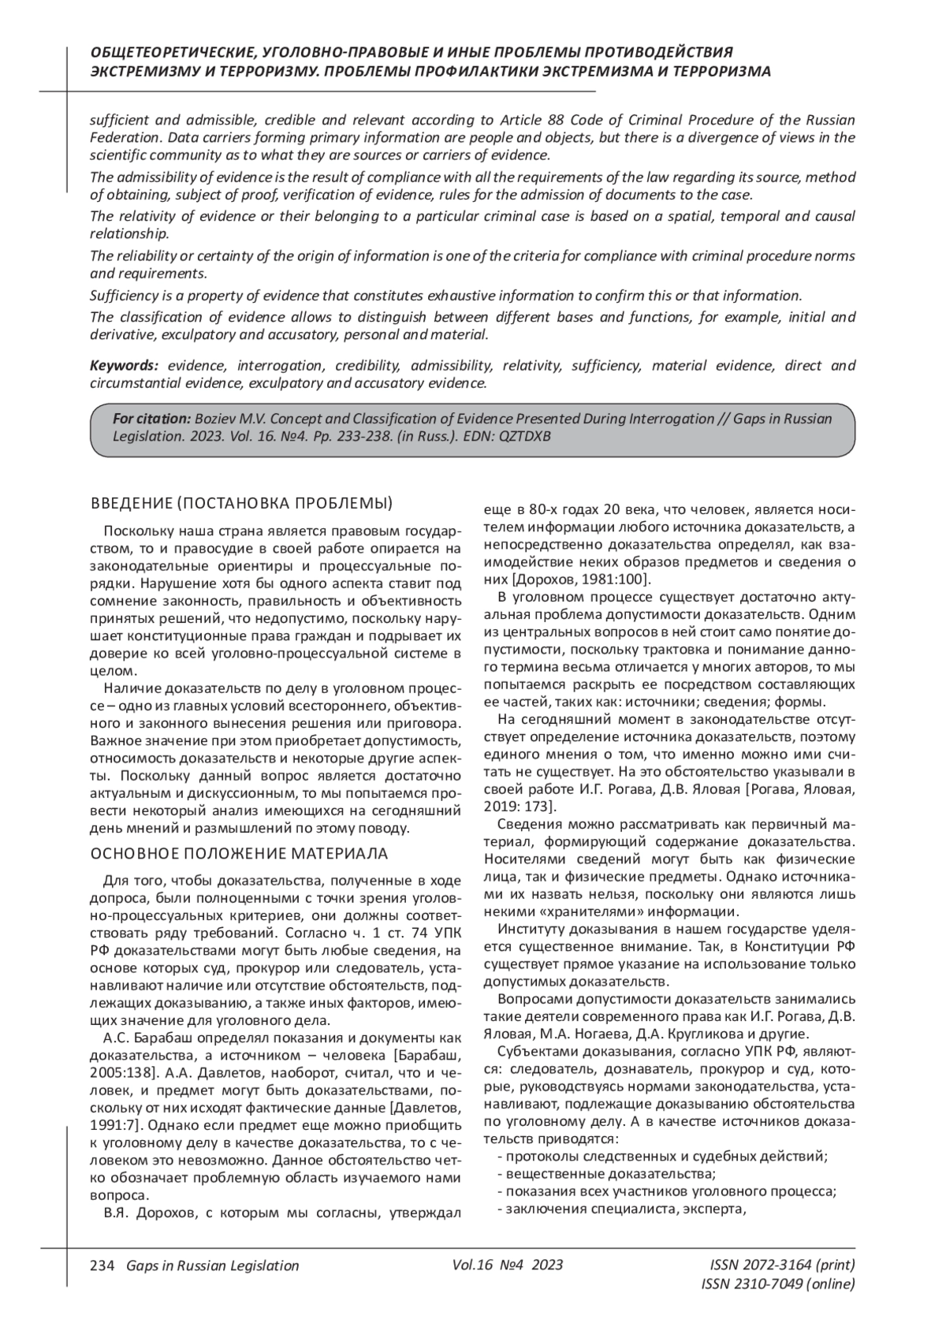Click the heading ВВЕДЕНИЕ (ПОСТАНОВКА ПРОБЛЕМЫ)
click(242, 504)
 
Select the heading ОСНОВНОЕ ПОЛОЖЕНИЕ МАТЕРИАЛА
click(239, 854)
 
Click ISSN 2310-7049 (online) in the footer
click(777, 1284)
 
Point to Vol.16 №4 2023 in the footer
click(508, 1265)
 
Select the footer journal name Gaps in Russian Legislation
click(207, 1265)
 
